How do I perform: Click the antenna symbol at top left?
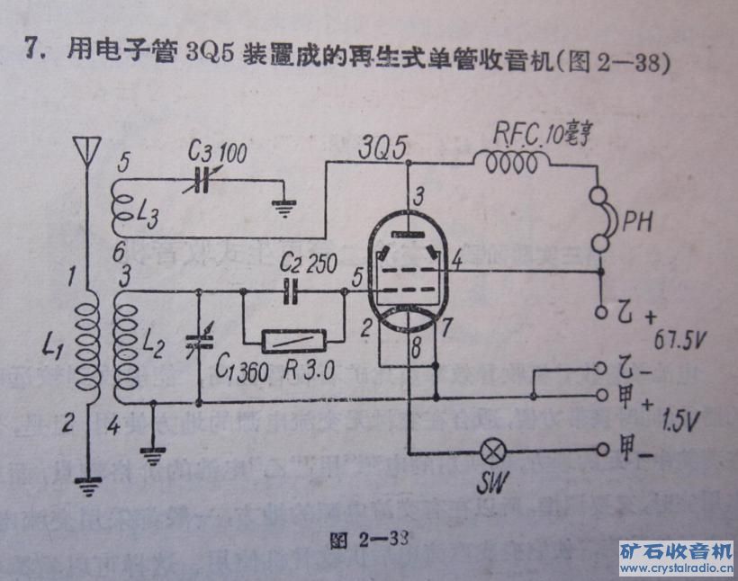point(87,150)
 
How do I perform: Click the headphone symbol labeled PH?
point(604,219)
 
